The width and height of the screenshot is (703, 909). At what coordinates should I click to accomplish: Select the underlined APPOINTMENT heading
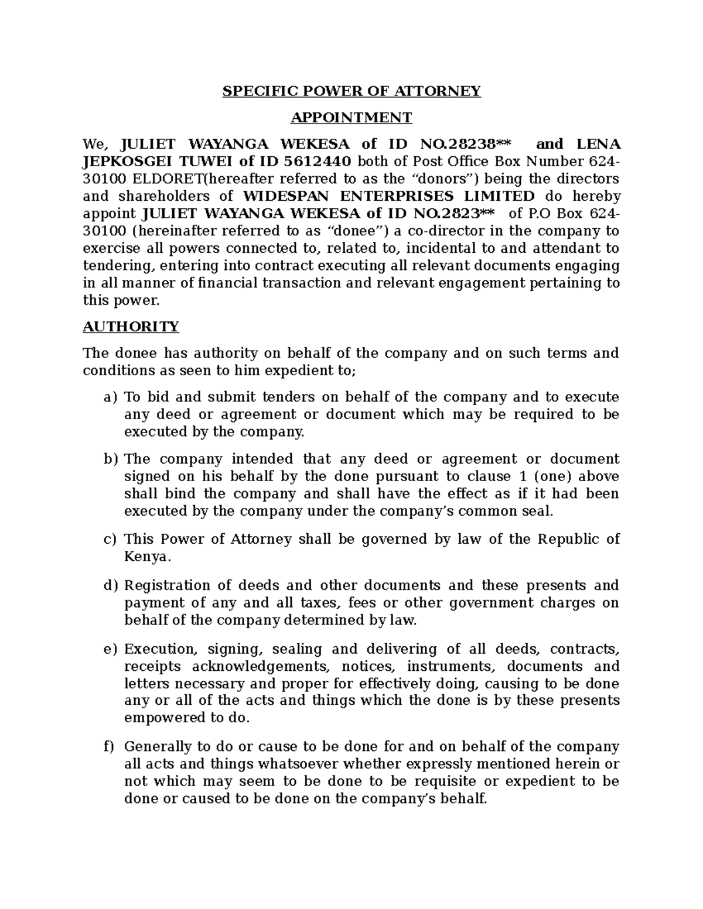351,118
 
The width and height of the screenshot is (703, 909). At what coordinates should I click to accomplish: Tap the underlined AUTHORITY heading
131,327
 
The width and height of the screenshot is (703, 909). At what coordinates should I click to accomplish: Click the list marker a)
110,398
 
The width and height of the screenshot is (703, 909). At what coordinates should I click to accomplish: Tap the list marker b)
110,459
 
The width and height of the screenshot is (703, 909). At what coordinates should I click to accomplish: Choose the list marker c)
110,540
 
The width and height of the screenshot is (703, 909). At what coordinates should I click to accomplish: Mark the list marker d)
110,586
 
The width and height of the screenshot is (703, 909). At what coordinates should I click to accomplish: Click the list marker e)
110,650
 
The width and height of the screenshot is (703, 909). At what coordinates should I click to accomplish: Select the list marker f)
109,747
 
